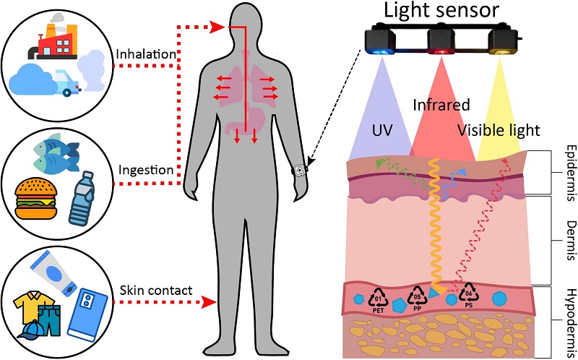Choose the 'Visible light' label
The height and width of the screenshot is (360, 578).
coord(498,131)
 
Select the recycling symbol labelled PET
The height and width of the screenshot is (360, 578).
coord(379,297)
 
